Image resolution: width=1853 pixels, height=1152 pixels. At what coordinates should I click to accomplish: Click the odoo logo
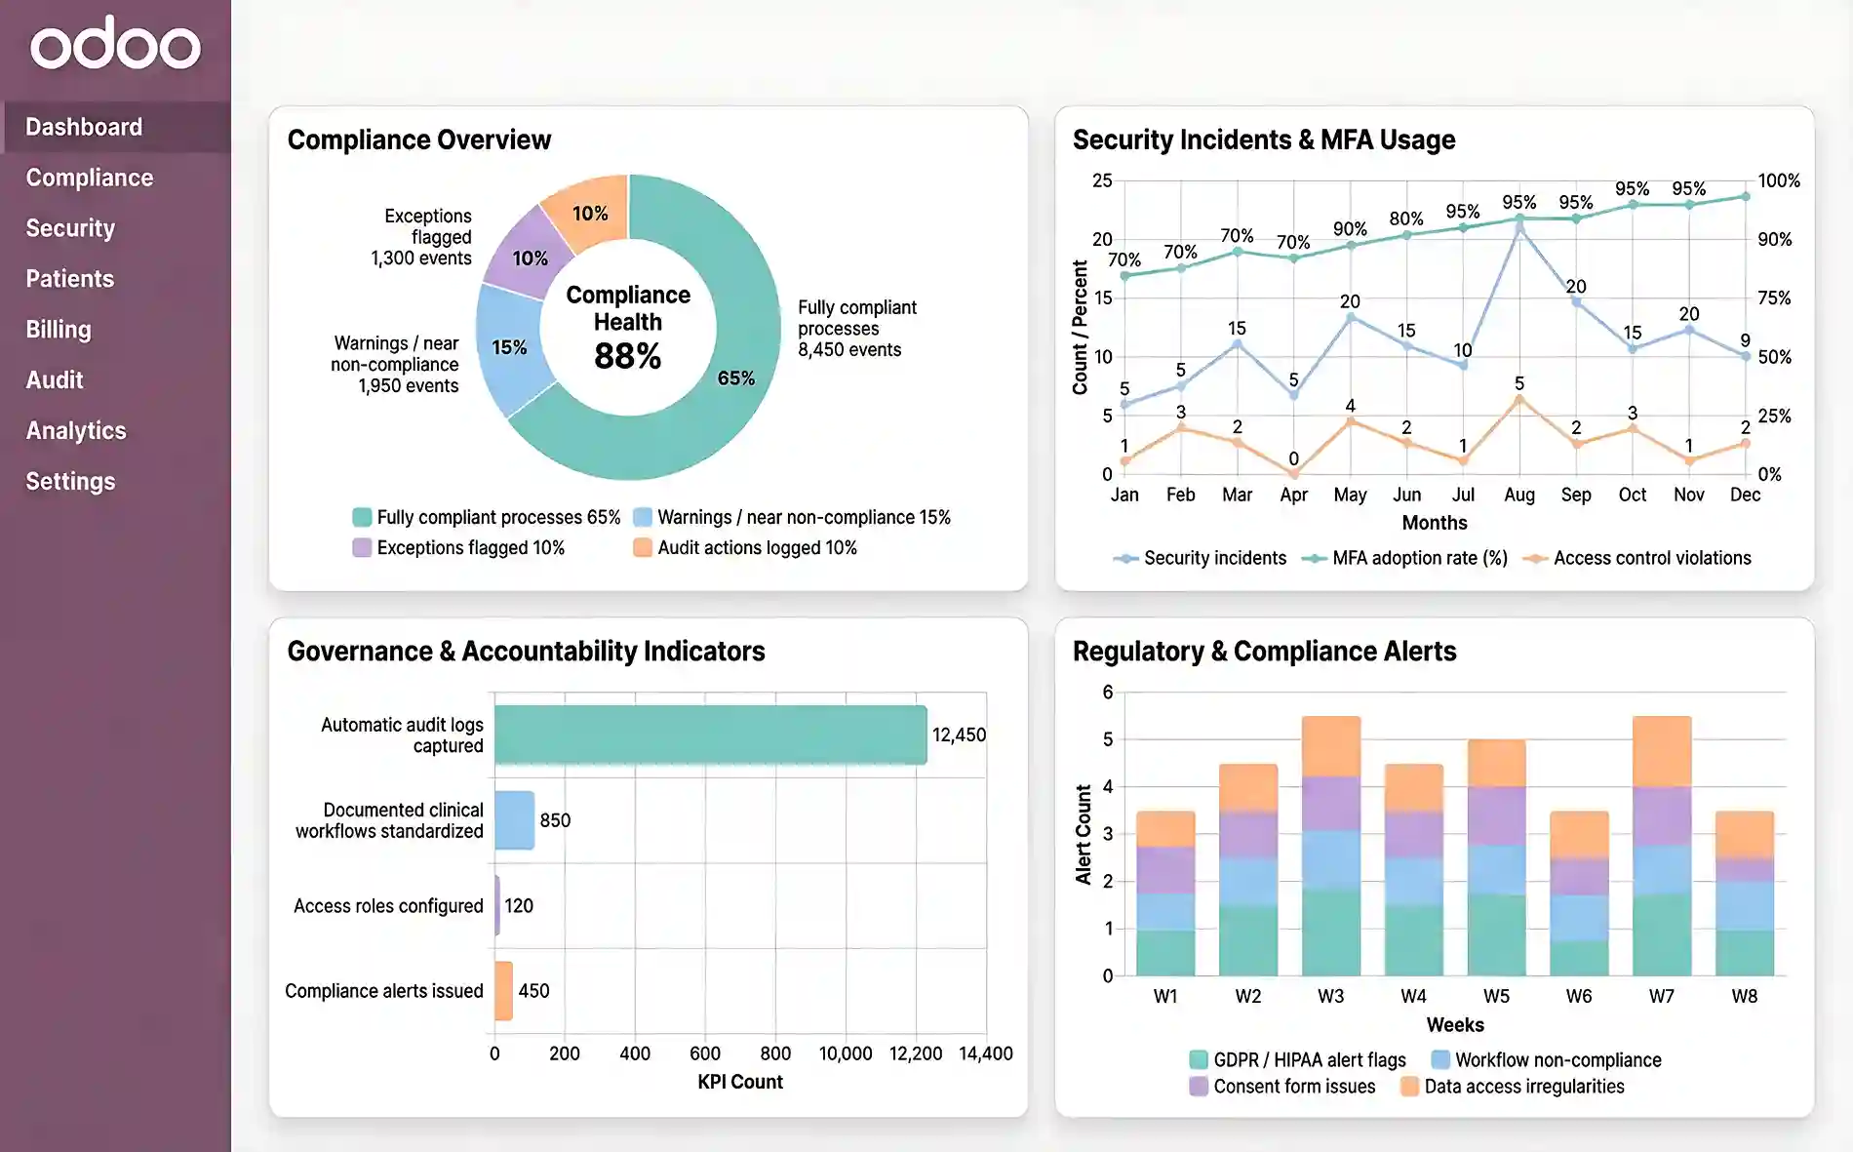tap(115, 44)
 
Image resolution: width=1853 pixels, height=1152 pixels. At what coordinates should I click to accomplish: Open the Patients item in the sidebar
tap(69, 279)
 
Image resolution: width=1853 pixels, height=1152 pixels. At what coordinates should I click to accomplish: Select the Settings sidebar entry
tap(70, 481)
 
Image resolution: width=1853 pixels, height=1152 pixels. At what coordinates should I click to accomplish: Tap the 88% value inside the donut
tap(627, 356)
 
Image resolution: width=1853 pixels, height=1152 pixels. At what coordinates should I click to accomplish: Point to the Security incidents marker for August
tap(1519, 227)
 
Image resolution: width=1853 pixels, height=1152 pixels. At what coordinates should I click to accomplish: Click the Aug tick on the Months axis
tap(1518, 495)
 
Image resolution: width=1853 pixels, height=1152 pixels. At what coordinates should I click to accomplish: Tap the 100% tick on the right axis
tap(1778, 180)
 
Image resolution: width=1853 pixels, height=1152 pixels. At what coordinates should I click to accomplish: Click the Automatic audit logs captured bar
tap(710, 735)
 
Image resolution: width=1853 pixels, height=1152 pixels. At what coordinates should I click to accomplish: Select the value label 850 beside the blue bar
tap(555, 820)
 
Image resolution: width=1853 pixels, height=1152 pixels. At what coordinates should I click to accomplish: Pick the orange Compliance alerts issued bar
tap(503, 991)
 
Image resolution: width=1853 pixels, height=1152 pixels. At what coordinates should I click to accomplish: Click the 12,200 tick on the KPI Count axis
tap(915, 1053)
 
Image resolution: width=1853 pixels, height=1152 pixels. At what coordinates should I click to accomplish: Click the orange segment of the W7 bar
tap(1661, 750)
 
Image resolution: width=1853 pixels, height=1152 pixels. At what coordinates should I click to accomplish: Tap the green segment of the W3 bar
tap(1330, 932)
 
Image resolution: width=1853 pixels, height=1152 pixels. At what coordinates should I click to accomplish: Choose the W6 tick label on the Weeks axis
tap(1578, 996)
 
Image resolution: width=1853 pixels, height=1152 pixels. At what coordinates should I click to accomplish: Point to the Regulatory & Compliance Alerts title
tap(1264, 651)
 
